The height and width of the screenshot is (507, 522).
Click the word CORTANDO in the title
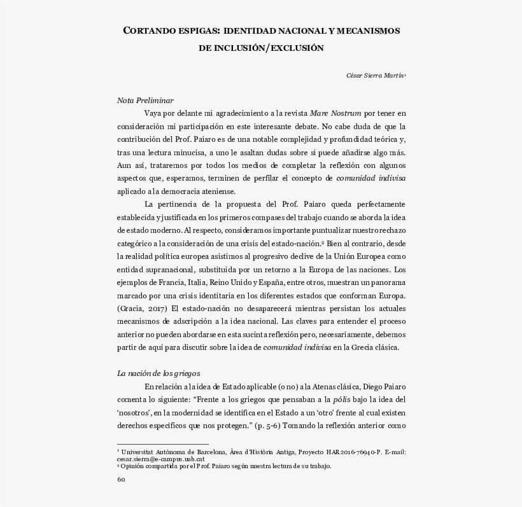pos(148,31)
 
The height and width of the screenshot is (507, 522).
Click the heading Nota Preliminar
pos(145,101)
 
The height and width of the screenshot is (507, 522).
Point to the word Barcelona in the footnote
pos(206,452)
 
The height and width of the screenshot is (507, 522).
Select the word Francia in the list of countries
pos(169,282)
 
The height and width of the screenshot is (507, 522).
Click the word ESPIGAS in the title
pos(195,31)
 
